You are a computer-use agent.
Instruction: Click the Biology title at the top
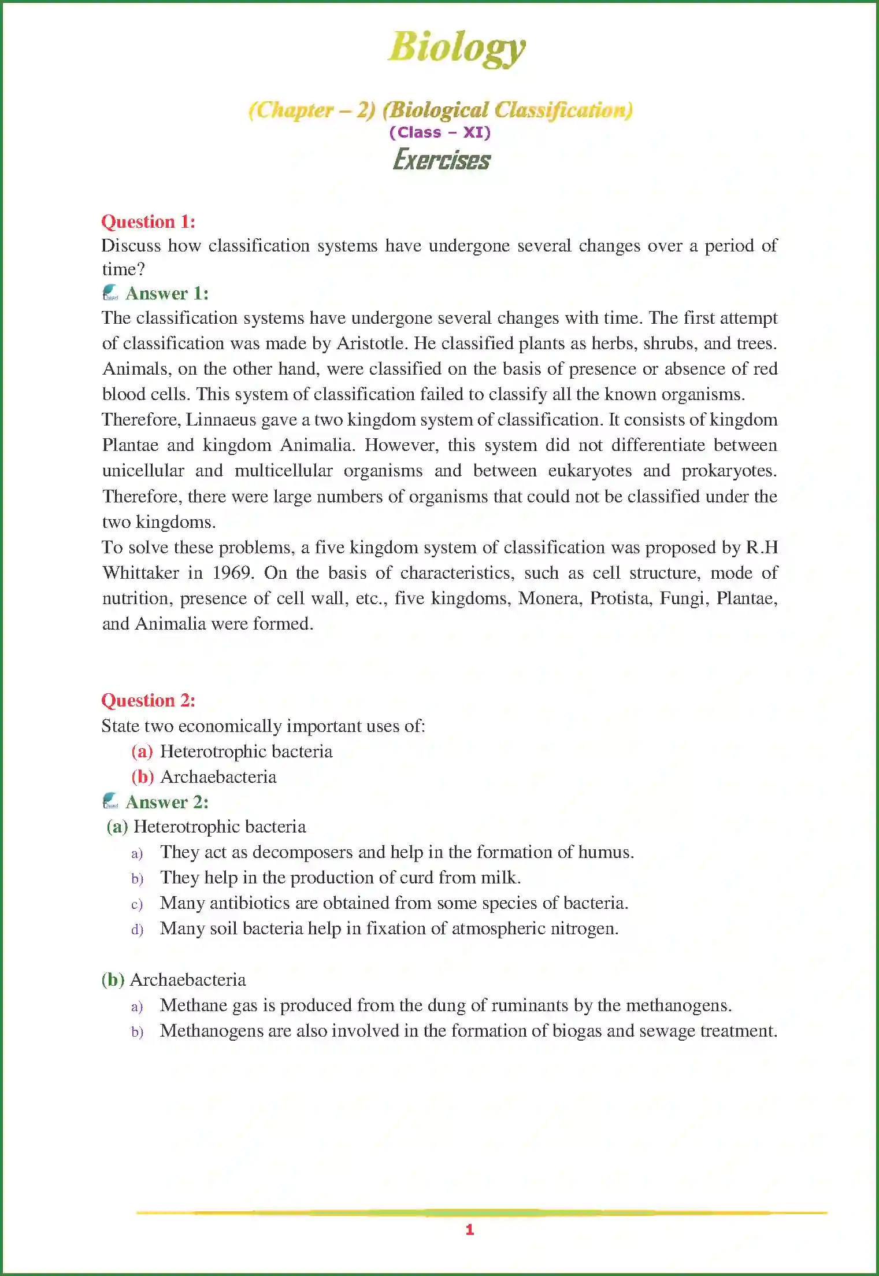tap(457, 47)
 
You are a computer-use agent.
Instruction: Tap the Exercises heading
tap(442, 160)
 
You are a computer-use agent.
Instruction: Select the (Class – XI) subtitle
tap(440, 132)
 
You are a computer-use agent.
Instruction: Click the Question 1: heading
tap(148, 221)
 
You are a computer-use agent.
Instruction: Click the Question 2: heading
tap(148, 700)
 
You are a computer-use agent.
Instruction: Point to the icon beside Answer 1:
tap(110, 293)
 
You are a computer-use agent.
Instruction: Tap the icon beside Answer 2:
tap(110, 801)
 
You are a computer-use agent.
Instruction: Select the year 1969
tap(232, 573)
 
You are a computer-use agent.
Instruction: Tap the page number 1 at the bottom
tap(470, 1230)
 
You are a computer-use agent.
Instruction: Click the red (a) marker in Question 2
tap(142, 751)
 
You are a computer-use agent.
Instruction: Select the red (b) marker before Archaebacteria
tap(142, 776)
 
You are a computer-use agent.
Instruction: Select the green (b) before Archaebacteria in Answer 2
tap(113, 979)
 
